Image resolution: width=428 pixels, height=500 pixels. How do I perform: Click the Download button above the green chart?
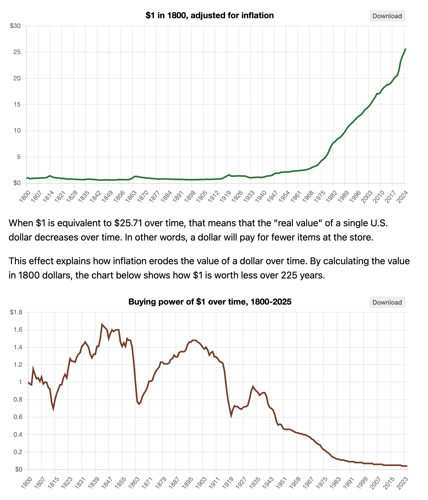point(387,16)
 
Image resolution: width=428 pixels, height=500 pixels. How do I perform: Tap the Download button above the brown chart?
point(387,302)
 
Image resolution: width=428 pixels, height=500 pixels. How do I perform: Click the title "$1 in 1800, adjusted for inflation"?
point(210,16)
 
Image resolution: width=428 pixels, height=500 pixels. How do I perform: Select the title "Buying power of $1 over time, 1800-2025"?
point(210,302)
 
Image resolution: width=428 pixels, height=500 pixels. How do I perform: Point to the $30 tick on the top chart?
point(15,26)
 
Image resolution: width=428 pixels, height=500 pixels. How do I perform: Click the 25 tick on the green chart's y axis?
point(17,52)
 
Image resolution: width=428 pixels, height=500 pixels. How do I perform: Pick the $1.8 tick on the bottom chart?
point(16,312)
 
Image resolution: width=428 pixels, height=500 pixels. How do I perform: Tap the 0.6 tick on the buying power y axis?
point(18,417)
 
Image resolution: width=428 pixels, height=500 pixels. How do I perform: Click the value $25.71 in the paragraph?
point(128,223)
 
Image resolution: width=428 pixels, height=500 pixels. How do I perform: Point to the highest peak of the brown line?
point(102,324)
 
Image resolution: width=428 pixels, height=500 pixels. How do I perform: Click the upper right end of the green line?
point(405,49)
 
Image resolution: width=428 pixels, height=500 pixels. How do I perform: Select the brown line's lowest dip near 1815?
point(53,409)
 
